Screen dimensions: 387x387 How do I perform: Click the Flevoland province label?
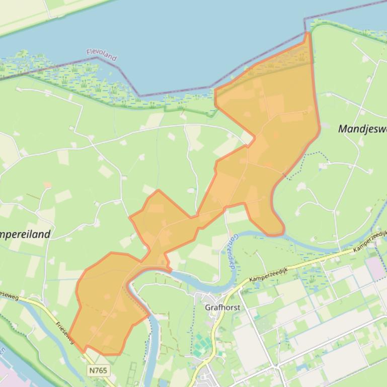click(101, 54)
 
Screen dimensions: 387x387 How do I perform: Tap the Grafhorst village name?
click(222, 307)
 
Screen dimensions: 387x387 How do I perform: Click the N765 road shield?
click(98, 370)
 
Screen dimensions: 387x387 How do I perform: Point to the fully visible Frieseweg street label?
click(65, 333)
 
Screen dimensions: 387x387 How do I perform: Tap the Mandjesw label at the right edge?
click(362, 129)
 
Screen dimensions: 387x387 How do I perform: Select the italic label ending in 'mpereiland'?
click(25, 234)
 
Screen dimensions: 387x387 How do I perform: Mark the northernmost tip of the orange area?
click(307, 33)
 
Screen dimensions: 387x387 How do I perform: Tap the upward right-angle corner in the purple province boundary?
click(304, 19)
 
